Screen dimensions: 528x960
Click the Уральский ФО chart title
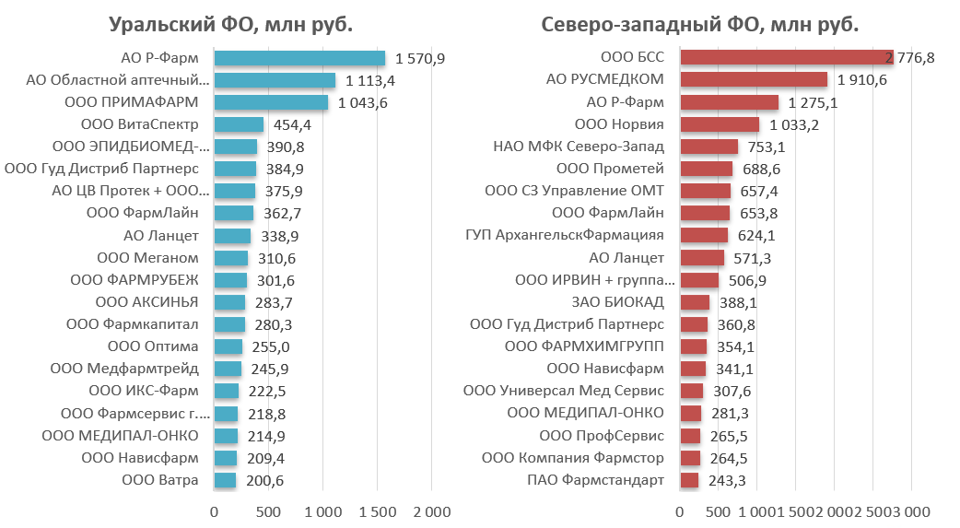click(x=230, y=24)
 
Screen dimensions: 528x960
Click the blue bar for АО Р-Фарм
click(x=299, y=58)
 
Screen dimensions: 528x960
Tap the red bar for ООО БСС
click(x=786, y=57)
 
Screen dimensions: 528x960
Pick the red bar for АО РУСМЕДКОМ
click(x=754, y=79)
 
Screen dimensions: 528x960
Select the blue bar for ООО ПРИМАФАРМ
click(x=271, y=102)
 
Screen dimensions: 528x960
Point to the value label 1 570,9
click(x=420, y=58)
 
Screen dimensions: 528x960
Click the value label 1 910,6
click(x=861, y=79)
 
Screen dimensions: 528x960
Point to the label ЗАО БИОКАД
click(x=622, y=302)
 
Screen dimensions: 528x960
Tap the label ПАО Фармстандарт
click(x=595, y=480)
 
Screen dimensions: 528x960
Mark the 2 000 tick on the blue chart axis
click(x=432, y=511)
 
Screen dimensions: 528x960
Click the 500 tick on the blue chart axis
click(x=268, y=511)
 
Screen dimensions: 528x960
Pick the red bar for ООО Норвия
click(x=720, y=124)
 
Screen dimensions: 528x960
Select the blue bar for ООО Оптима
click(x=228, y=346)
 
